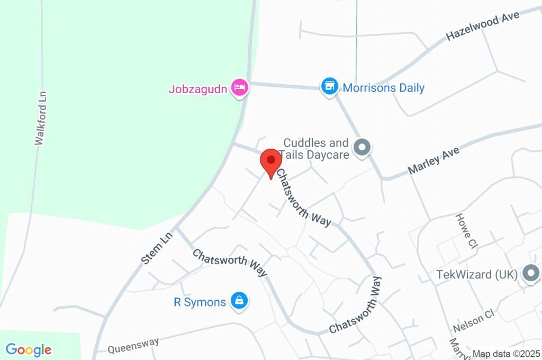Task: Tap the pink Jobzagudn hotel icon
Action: coord(240,88)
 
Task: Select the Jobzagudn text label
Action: coord(198,88)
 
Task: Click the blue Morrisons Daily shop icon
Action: coord(329,86)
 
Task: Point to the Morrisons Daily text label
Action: coord(384,87)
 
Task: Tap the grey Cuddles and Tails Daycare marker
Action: coord(363,148)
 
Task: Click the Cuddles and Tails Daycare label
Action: coord(316,149)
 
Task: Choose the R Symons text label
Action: coord(200,302)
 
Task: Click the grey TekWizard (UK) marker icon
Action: coord(530,274)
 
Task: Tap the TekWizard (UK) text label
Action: coord(477,275)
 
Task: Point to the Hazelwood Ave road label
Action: coord(482,25)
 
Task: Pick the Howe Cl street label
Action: coord(466,231)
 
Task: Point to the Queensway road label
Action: coord(133,346)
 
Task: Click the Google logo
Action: coord(29,349)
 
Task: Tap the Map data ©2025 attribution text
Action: coord(505,354)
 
